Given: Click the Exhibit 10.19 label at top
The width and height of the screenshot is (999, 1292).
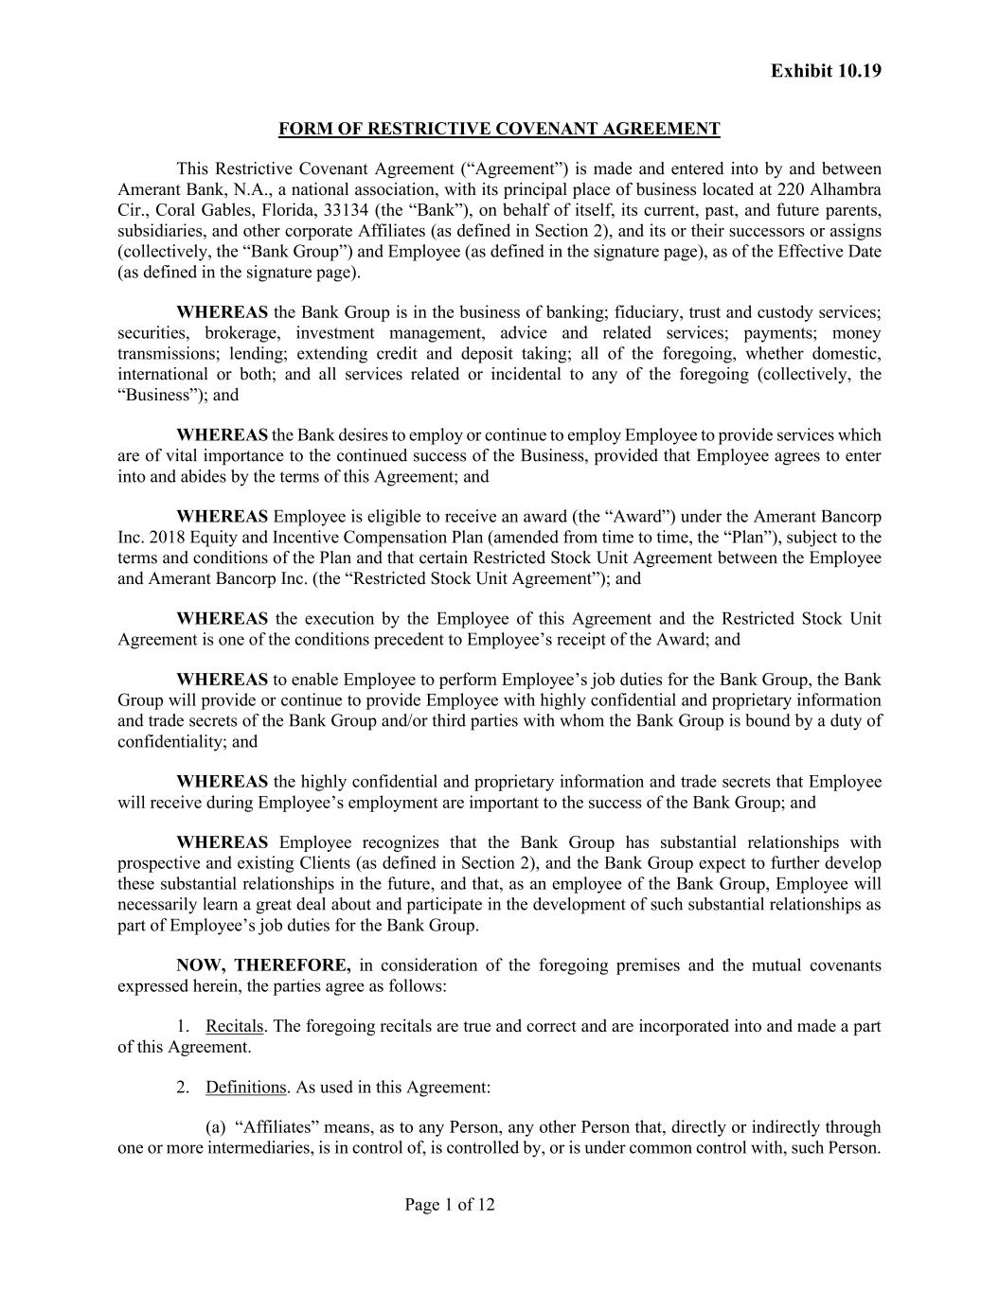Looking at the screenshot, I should (826, 71).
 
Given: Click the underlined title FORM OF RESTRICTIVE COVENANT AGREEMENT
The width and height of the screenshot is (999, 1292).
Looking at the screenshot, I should (499, 129).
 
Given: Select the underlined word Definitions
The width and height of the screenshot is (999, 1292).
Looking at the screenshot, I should (246, 1087).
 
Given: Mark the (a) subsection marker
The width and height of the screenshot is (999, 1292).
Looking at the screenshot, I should (216, 1127).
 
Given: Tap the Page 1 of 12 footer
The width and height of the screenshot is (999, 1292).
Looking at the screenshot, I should (450, 1205).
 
